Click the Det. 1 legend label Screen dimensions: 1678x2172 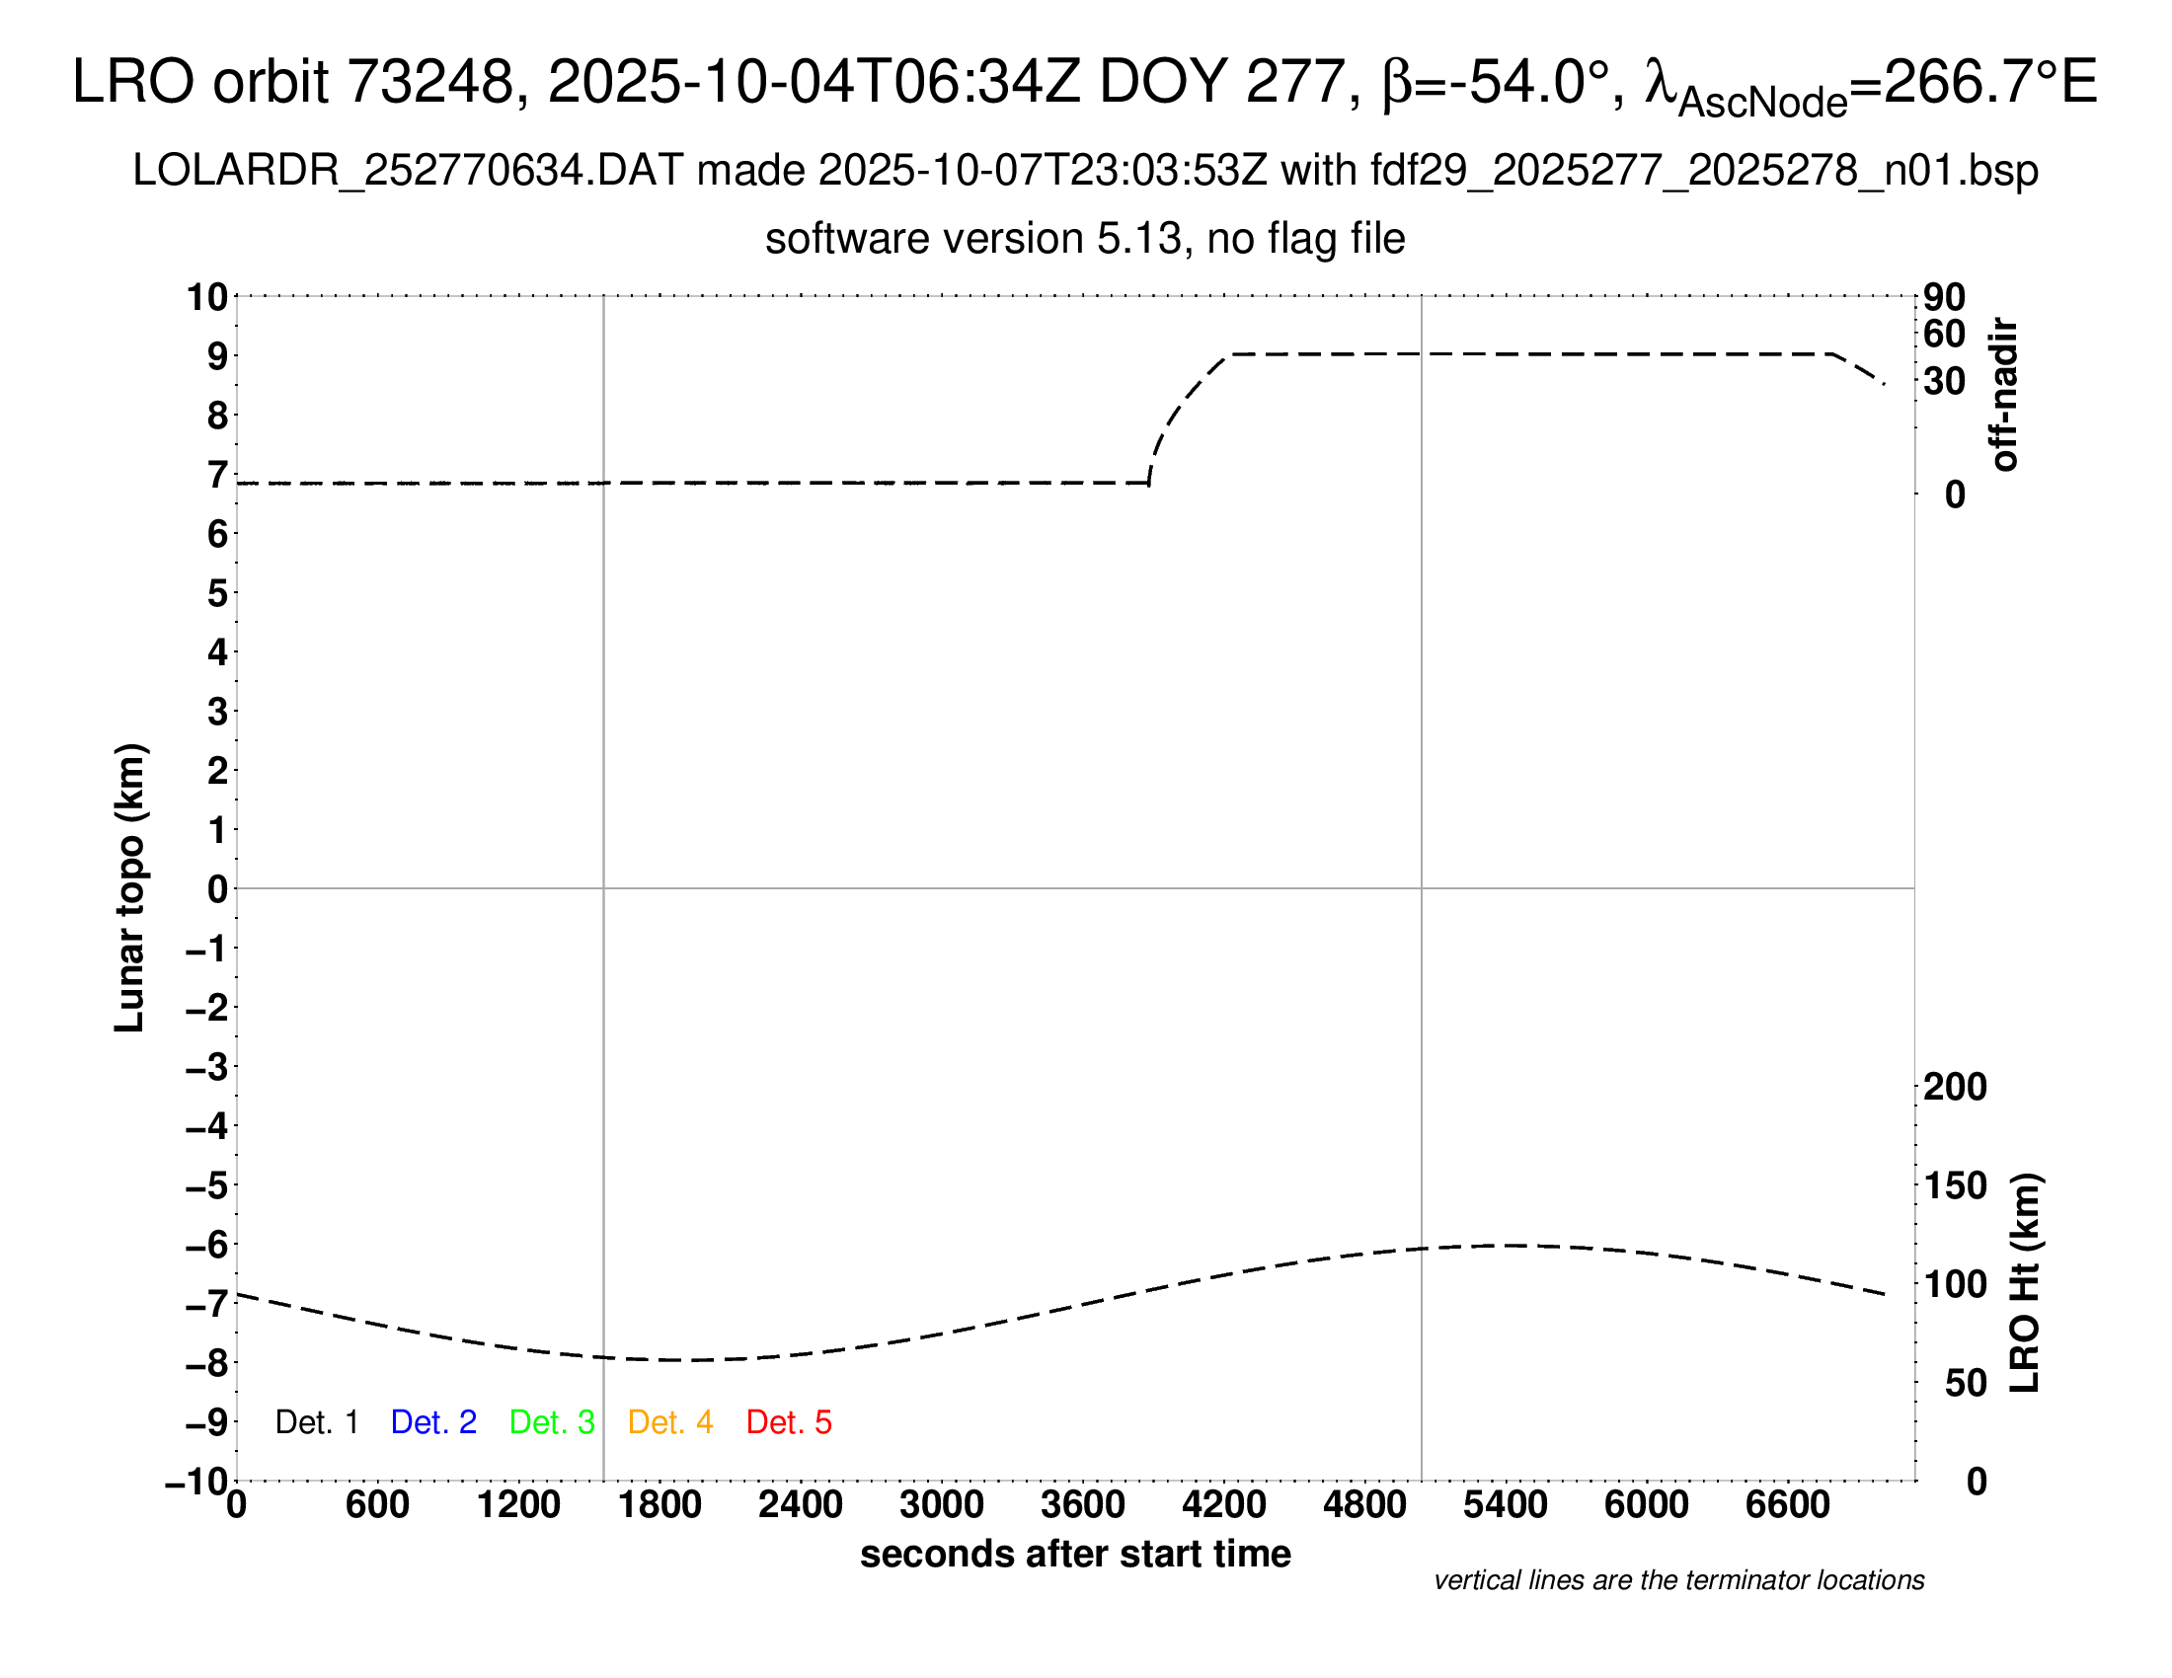click(x=316, y=1422)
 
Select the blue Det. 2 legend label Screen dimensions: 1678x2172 click(x=433, y=1422)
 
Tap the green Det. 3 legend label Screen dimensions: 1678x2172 click(x=552, y=1422)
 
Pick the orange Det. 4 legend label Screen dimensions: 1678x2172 click(x=670, y=1422)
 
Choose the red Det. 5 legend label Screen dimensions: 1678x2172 click(x=789, y=1422)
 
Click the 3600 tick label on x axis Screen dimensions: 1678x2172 click(x=1082, y=1505)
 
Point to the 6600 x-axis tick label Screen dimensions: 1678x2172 click(x=1787, y=1505)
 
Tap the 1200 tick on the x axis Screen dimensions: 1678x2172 click(x=518, y=1505)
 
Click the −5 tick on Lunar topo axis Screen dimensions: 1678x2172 click(x=207, y=1185)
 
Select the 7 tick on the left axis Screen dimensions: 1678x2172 click(x=217, y=475)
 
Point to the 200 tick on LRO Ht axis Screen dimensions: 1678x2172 click(x=1954, y=1087)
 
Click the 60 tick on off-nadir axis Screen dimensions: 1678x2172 click(x=1944, y=334)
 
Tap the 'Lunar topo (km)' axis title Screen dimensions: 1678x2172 click(x=130, y=887)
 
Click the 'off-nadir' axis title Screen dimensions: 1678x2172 click(x=2004, y=395)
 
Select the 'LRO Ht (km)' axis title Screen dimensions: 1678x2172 click(x=2024, y=1282)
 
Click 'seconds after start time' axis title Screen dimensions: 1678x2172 click(x=1075, y=1554)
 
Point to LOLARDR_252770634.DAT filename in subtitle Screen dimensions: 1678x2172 click(x=408, y=171)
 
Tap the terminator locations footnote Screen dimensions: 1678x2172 click(x=1678, y=1580)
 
